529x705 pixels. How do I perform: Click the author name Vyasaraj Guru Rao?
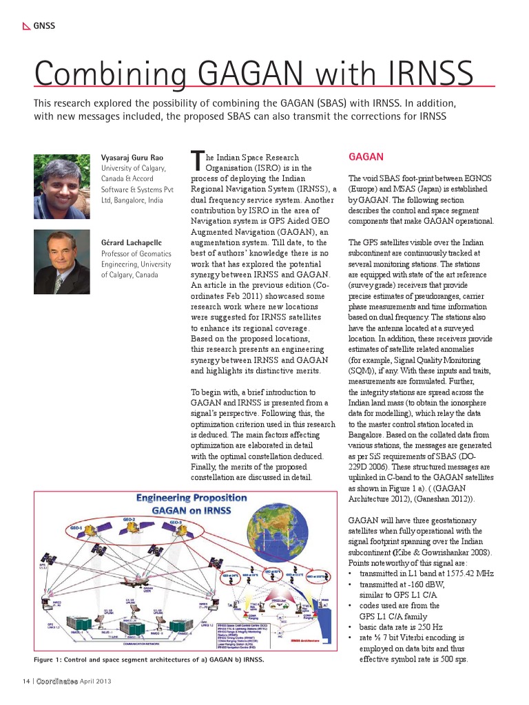point(133,158)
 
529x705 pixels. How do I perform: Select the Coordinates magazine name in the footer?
point(57,681)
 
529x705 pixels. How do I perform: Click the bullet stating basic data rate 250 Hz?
point(400,627)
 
